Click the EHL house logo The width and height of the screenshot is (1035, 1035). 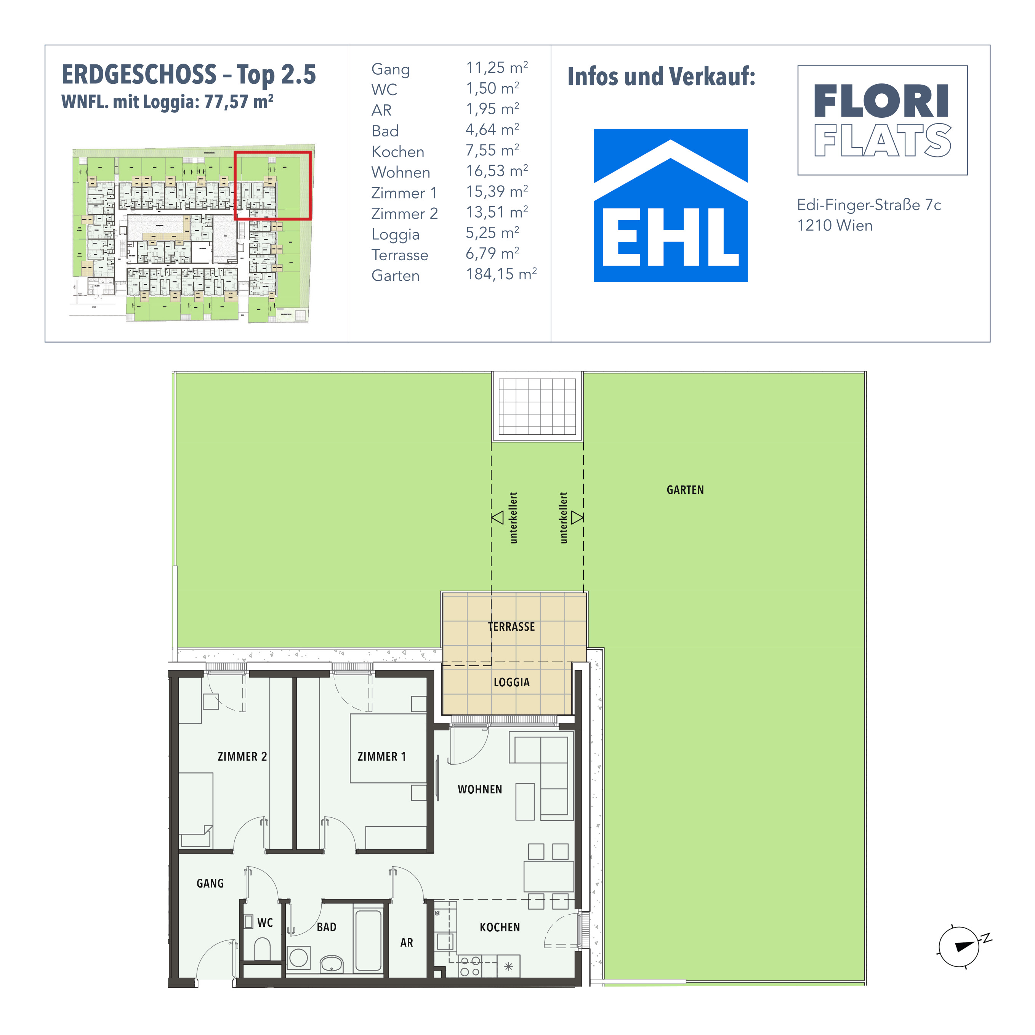(670, 205)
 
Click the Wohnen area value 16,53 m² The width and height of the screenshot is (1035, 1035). (497, 171)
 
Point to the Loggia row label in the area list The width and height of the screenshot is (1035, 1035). (395, 235)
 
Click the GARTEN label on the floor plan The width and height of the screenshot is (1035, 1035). (685, 490)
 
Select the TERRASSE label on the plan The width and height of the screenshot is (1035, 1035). (512, 627)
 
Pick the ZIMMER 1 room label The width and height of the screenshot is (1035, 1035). (382, 756)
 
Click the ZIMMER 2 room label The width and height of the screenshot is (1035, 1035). (242, 756)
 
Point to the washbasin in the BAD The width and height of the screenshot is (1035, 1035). (332, 964)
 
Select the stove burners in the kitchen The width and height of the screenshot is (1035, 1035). (470, 966)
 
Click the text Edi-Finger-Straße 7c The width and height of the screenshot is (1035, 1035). (869, 205)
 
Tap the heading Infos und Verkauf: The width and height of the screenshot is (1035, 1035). (661, 77)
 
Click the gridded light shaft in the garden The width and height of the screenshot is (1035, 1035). (537, 406)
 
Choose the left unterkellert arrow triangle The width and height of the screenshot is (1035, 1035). (498, 517)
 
